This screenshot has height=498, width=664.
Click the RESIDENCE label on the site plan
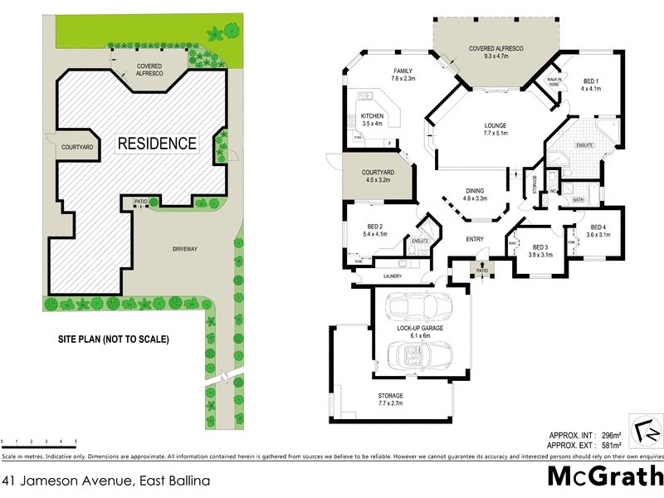(157, 143)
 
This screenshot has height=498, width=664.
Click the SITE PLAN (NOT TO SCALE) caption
(113, 339)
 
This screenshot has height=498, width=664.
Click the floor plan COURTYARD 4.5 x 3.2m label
(378, 176)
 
